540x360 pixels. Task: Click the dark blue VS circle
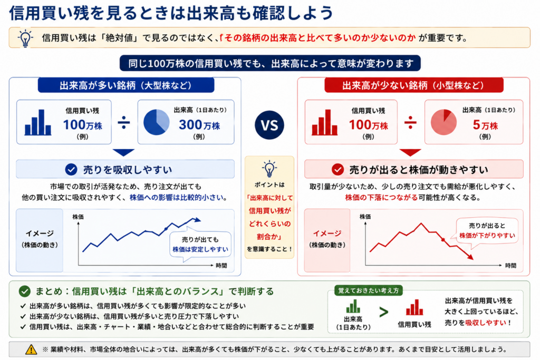pyautogui.click(x=269, y=125)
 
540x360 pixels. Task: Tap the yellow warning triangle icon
pyautogui.click(x=31, y=349)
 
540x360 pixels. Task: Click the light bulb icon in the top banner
pyautogui.click(x=25, y=38)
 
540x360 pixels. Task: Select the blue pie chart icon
pyautogui.click(x=156, y=122)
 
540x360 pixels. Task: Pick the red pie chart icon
pyautogui.click(x=443, y=122)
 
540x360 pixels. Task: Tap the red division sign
pyautogui.click(x=410, y=122)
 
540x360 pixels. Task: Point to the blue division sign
pyautogui.click(x=123, y=122)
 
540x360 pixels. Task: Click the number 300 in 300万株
pyautogui.click(x=190, y=124)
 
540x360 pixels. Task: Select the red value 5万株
pyautogui.click(x=485, y=125)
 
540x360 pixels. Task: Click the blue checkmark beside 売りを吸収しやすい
pyautogui.click(x=71, y=169)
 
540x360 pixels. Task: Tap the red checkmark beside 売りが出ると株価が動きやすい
pyautogui.click(x=337, y=169)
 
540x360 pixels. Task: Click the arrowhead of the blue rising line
pyautogui.click(x=197, y=220)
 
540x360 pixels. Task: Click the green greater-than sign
pyautogui.click(x=384, y=312)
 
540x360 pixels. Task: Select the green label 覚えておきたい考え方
pyautogui.click(x=369, y=290)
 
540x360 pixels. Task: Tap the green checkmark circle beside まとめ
pyautogui.click(x=24, y=291)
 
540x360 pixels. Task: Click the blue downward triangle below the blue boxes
pyautogui.click(x=123, y=152)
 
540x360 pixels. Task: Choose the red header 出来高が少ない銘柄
pyautogui.click(x=413, y=85)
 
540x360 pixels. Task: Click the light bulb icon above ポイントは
pyautogui.click(x=269, y=169)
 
